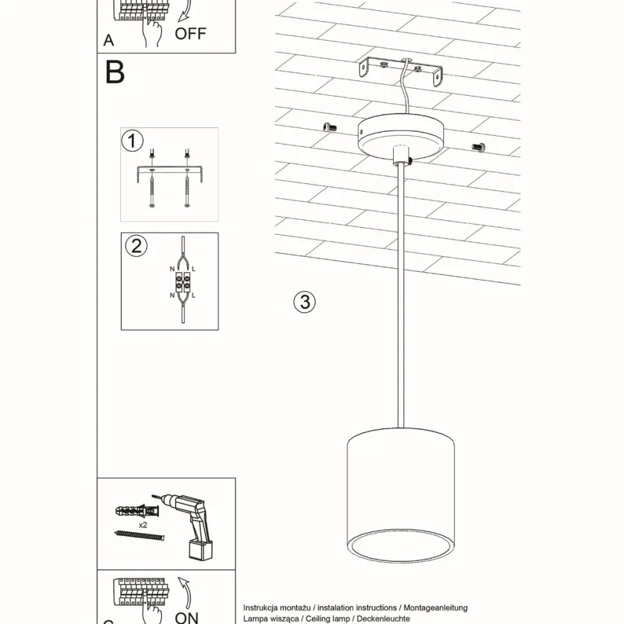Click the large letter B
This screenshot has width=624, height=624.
click(115, 73)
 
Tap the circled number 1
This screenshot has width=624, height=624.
click(133, 140)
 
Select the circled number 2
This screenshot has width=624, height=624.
click(136, 246)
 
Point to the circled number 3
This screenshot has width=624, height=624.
click(304, 302)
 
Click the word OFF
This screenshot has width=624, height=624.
click(190, 33)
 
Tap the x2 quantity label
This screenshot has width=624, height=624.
click(142, 525)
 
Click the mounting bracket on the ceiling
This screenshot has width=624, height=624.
click(402, 73)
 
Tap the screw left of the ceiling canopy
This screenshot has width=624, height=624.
click(331, 127)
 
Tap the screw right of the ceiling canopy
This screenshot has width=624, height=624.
click(477, 147)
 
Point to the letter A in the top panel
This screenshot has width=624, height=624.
click(109, 41)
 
